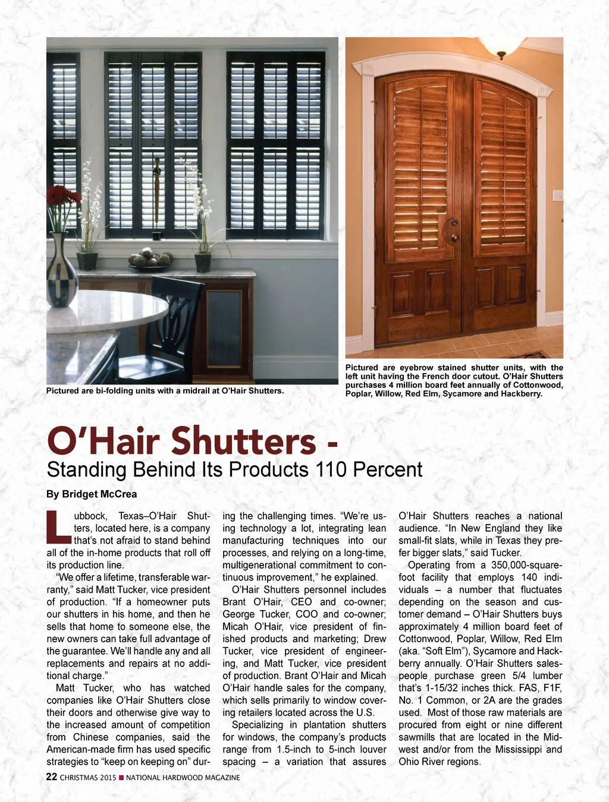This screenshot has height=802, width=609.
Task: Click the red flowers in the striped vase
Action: [x=63, y=195]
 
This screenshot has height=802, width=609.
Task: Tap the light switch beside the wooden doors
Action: [x=558, y=195]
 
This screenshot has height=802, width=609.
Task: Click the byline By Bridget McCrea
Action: [x=92, y=494]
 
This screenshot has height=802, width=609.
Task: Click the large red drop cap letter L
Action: [x=58, y=527]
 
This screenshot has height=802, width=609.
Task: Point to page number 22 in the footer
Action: [x=52, y=777]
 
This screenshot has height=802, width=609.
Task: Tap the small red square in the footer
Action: [x=121, y=778]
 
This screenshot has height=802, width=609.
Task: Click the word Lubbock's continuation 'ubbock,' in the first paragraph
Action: [x=91, y=516]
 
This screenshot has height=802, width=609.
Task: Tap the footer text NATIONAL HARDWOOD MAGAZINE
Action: [x=183, y=778]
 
